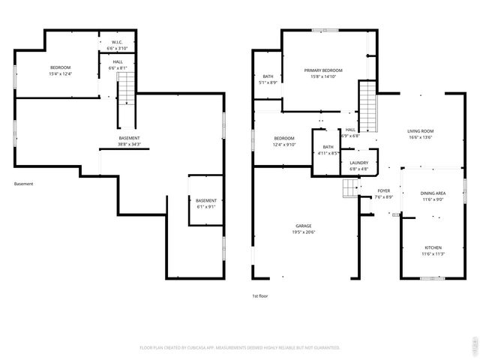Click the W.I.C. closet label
(x=118, y=42)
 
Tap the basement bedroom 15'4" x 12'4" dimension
(x=60, y=73)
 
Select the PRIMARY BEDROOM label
(x=323, y=70)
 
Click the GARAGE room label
(x=304, y=226)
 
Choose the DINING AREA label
(x=434, y=193)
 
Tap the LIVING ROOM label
(x=421, y=130)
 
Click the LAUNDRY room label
(x=358, y=163)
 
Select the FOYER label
(x=384, y=190)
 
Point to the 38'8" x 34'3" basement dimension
(x=130, y=144)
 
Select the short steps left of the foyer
(x=352, y=190)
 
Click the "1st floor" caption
(x=259, y=296)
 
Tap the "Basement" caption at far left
(x=23, y=184)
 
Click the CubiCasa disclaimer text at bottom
(x=240, y=347)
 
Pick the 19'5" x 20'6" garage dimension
(x=304, y=232)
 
